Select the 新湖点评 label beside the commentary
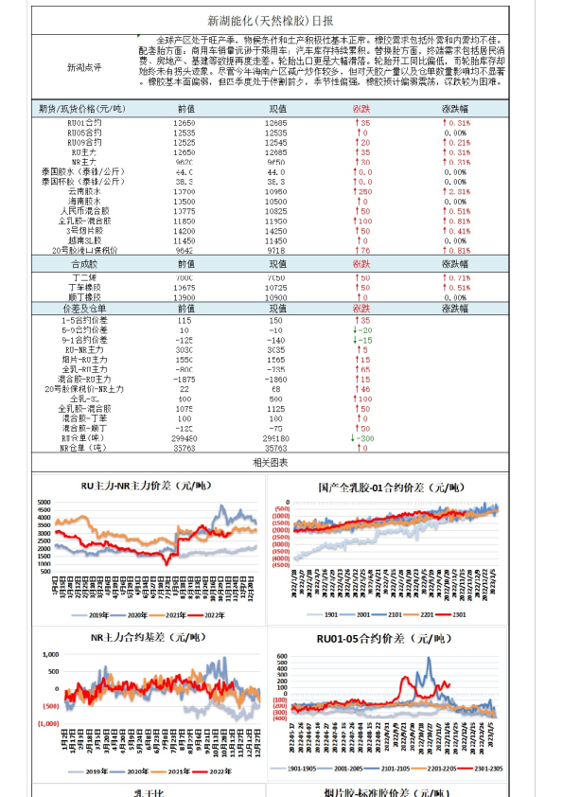pos(84,68)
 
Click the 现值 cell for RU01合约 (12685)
pos(276,123)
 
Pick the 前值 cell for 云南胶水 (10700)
pos(185,191)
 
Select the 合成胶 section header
pos(85,264)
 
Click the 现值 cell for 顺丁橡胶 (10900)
pos(276,296)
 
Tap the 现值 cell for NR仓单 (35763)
pos(276,449)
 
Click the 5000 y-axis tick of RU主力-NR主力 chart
pos(44,502)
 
